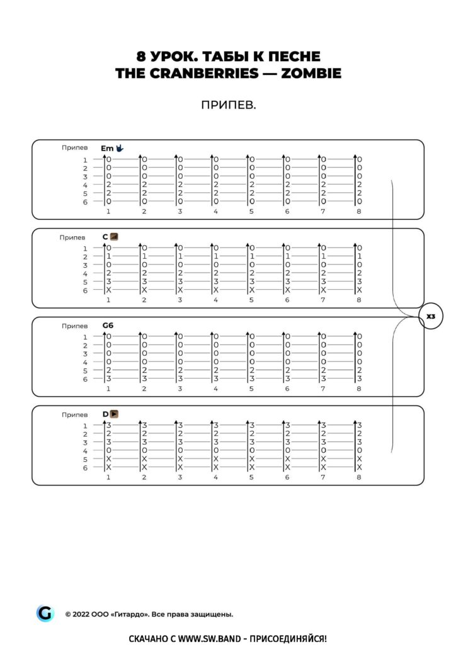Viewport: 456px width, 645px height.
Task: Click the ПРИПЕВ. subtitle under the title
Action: pos(228,105)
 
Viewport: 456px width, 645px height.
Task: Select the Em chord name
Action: pos(107,148)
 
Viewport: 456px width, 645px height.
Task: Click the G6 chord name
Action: pos(108,326)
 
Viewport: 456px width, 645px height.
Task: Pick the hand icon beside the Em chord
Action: pos(120,148)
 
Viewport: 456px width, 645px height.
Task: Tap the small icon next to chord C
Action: pos(114,237)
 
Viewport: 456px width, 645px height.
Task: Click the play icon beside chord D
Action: pos(115,414)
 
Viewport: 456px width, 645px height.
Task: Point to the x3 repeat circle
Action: pos(431,316)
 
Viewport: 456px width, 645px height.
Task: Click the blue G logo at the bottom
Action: pos(45,613)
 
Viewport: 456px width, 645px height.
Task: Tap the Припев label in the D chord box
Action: pos(74,415)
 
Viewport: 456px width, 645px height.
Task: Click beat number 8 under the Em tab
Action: pos(359,211)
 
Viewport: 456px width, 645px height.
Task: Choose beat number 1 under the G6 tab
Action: pos(108,389)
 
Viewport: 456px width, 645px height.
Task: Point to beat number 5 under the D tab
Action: pos(251,477)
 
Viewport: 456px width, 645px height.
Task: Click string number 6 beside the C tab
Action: pos(85,290)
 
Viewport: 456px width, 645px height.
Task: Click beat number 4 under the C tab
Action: pos(215,300)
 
